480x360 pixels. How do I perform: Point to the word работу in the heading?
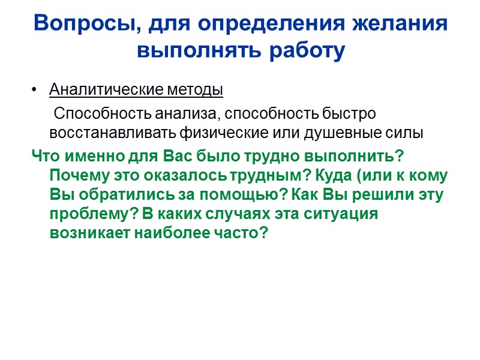(307, 51)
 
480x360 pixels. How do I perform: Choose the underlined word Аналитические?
(103, 91)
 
